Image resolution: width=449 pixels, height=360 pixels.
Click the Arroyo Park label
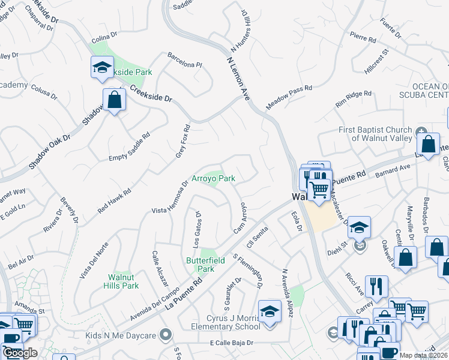(213, 178)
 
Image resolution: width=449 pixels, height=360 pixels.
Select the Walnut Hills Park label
(123, 281)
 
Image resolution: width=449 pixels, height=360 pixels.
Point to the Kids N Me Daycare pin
(166, 334)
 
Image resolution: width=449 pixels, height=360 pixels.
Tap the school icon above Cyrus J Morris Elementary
(270, 311)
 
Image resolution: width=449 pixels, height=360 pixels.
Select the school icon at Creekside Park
(102, 67)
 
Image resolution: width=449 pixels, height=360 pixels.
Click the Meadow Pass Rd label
(289, 96)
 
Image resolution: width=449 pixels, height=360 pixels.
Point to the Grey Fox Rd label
(182, 142)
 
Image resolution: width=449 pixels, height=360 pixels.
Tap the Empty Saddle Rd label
(129, 150)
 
